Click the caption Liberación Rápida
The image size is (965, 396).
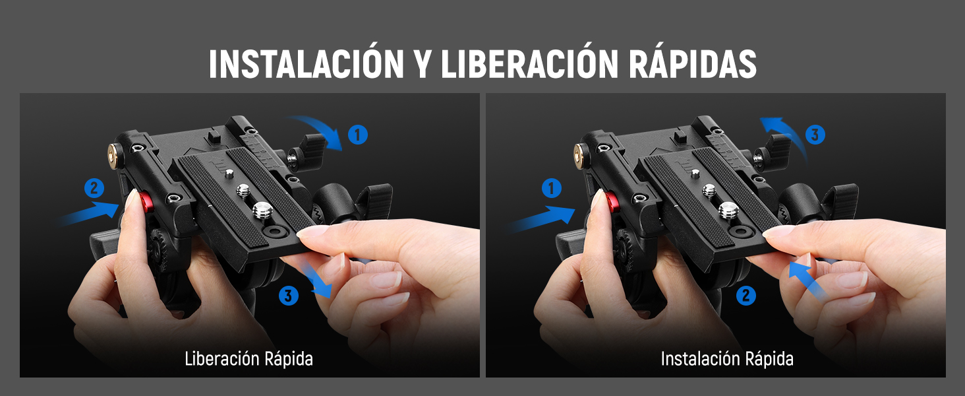tap(249, 359)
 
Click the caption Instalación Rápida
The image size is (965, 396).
tap(727, 359)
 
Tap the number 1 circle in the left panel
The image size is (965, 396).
tap(357, 135)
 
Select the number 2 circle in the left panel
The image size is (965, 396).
tap(94, 188)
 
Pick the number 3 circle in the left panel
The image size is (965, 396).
tap(288, 296)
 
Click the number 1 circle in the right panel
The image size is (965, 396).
tap(552, 188)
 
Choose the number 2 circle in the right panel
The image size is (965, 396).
tap(746, 296)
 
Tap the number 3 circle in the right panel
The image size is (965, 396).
tap(815, 135)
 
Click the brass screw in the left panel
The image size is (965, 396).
tap(115, 154)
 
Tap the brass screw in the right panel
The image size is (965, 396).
tap(580, 154)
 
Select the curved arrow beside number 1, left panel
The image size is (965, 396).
tap(321, 128)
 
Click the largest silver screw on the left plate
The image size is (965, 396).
tap(262, 211)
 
